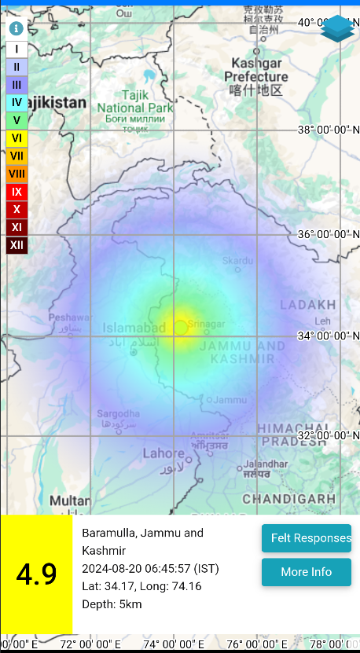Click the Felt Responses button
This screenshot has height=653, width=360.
(x=306, y=538)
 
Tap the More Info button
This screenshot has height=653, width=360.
(x=306, y=572)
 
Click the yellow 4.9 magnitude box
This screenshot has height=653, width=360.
(x=36, y=574)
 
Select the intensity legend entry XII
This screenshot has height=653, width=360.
(x=17, y=246)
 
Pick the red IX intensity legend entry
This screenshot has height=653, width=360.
(x=17, y=191)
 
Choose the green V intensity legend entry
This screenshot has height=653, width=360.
(x=17, y=120)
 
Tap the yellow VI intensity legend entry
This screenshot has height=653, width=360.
(x=17, y=138)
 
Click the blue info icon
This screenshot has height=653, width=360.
(x=16, y=28)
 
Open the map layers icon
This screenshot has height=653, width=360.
(x=337, y=29)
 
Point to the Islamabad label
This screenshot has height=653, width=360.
(x=134, y=328)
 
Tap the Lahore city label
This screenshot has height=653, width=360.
(x=163, y=453)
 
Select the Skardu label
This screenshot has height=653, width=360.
(x=237, y=260)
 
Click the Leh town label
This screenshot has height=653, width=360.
(x=321, y=321)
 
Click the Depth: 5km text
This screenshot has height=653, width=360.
(x=112, y=604)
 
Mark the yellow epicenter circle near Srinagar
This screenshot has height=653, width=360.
(x=181, y=326)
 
